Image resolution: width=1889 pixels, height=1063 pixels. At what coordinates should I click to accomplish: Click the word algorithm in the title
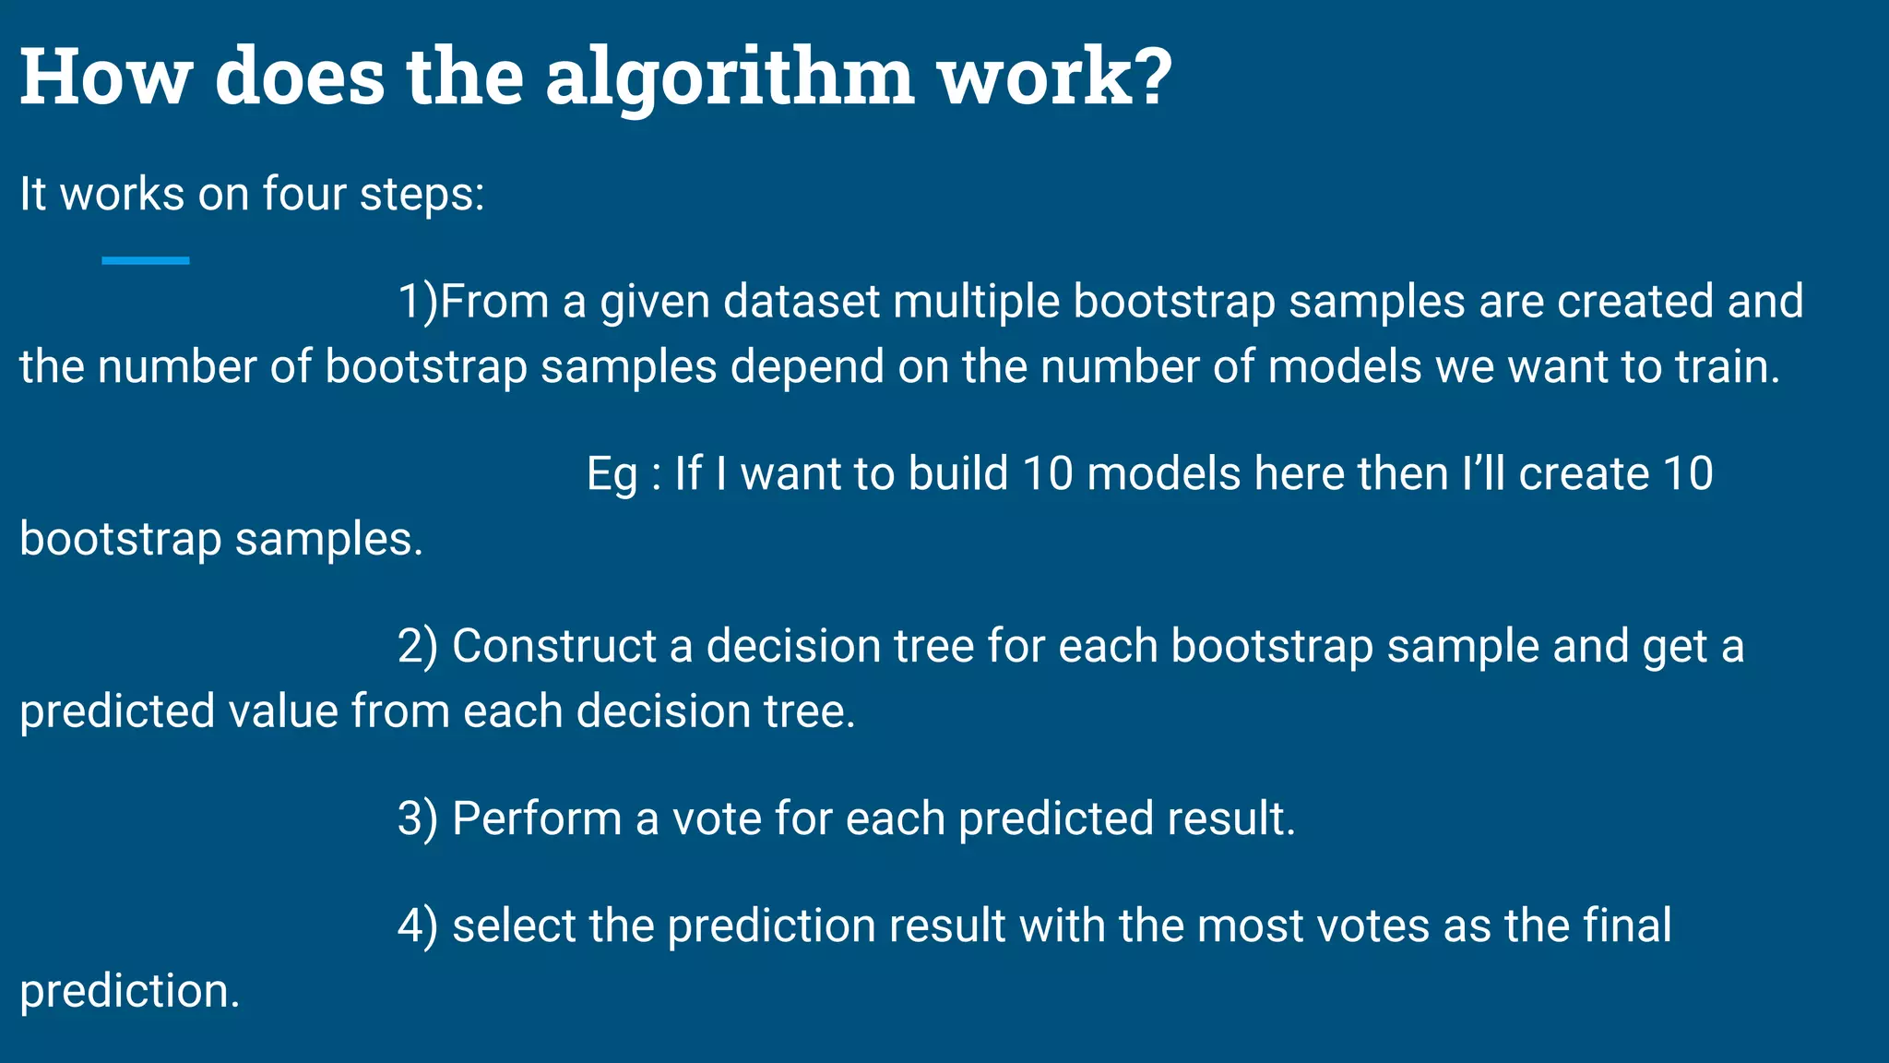730,78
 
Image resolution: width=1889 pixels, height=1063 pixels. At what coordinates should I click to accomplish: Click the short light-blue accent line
146,261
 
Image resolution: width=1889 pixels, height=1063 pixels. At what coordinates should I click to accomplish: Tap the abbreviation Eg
612,474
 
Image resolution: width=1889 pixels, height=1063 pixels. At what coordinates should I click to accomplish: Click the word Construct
553,646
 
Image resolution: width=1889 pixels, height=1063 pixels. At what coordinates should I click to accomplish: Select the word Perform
537,818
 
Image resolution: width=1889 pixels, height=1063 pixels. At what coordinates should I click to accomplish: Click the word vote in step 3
717,818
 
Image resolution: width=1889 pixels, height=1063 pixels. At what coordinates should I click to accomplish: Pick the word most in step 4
1249,926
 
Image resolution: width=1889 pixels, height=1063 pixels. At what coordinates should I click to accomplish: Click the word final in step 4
1627,926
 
